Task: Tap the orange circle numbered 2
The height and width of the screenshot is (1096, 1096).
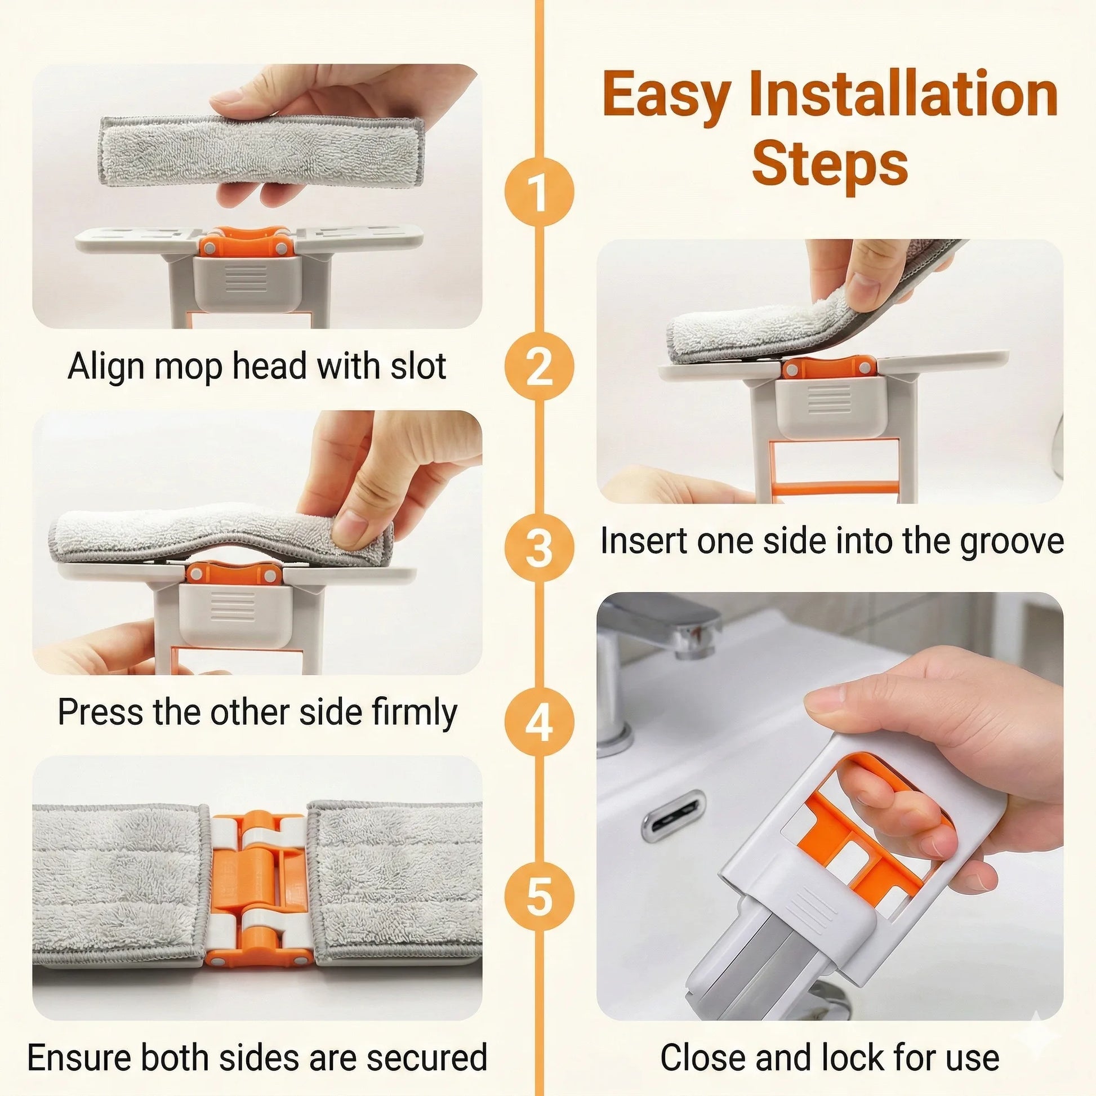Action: [539, 367]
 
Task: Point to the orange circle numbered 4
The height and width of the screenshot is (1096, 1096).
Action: [539, 722]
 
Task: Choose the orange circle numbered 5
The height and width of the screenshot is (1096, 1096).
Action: [539, 898]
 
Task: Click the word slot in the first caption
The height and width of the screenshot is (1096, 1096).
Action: [417, 367]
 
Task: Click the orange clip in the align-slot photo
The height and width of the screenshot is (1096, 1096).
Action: [244, 242]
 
